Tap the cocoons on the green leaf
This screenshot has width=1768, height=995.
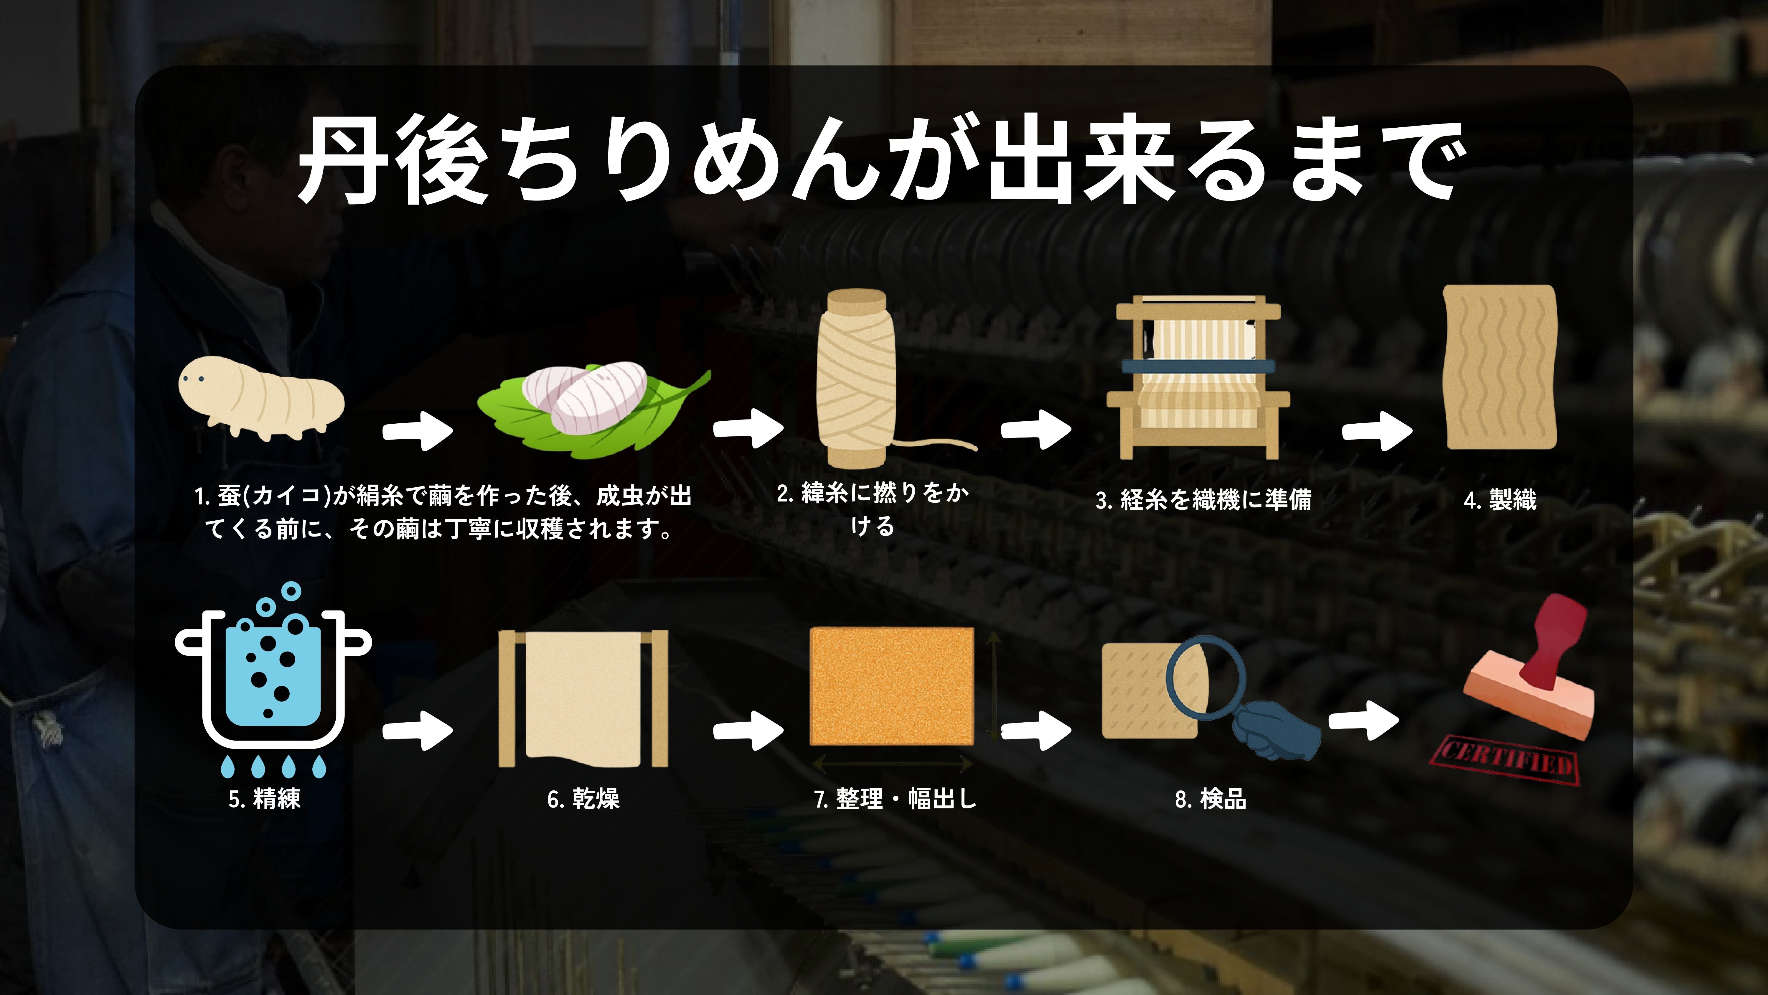pos(590,405)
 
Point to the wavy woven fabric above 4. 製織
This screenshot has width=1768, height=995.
pos(1500,367)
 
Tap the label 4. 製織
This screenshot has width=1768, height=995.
pos(1500,500)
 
